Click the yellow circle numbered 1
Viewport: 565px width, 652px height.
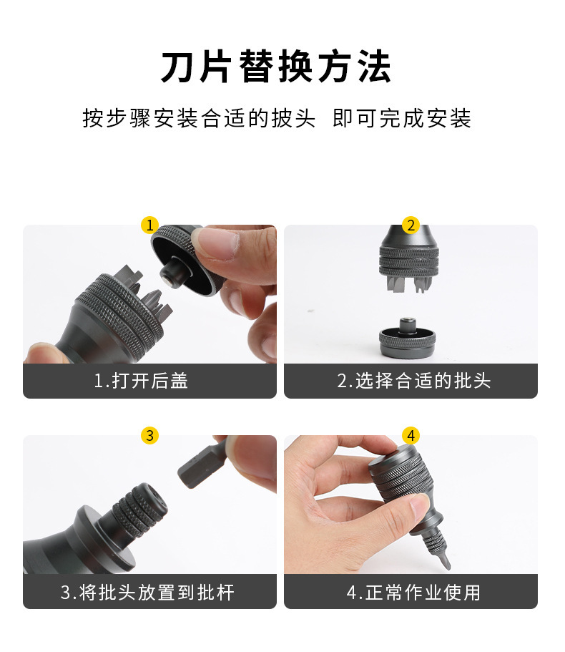(149, 225)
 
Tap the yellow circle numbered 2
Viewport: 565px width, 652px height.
(410, 225)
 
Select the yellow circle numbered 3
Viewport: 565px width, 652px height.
(149, 435)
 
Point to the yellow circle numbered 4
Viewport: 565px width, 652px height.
(410, 435)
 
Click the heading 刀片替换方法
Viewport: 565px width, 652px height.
(275, 68)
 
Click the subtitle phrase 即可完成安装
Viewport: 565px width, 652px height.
(402, 118)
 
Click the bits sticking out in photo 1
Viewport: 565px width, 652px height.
(147, 293)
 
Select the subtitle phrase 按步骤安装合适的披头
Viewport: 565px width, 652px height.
(198, 118)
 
